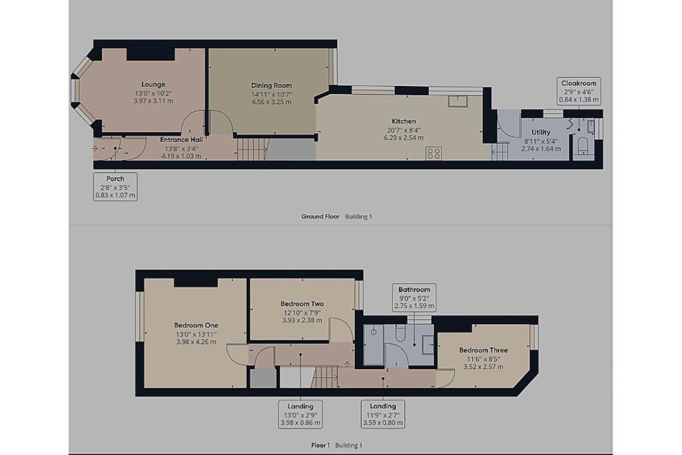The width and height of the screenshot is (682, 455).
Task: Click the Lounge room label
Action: [153, 85]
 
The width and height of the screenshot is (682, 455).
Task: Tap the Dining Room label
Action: [271, 85]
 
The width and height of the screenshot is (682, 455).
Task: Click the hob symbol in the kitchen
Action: [434, 153]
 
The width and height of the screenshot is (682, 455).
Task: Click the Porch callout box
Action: [115, 187]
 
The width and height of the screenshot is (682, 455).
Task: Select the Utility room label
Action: [541, 132]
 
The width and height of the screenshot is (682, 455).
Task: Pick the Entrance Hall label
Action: [181, 139]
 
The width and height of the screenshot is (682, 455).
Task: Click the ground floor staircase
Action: [252, 149]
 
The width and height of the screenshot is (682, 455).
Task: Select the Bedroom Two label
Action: [302, 304]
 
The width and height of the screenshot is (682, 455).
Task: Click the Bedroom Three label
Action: [483, 350]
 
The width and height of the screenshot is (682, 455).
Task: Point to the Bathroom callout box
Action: [414, 298]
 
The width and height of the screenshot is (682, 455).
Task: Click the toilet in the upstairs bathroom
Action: [401, 334]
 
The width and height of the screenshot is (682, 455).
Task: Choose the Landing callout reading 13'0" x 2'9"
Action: [300, 414]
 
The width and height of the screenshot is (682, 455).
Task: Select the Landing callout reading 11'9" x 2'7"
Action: [382, 414]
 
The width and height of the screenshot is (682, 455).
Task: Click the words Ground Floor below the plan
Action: [321, 217]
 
